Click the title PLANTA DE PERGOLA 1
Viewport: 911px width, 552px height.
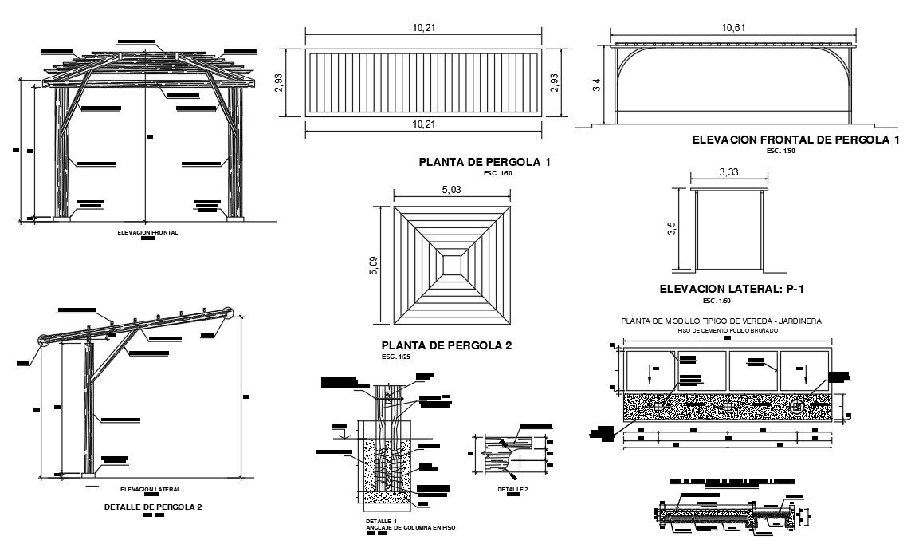click(485, 162)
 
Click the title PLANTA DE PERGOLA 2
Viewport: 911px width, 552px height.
click(446, 345)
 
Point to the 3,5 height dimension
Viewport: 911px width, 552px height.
click(672, 229)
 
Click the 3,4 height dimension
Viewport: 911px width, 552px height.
click(597, 85)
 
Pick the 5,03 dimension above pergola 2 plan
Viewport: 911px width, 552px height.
click(451, 191)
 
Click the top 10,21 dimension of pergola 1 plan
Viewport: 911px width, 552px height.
click(425, 28)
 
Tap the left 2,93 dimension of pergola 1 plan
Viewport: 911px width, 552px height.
click(279, 83)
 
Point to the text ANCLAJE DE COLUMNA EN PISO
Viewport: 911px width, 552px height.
click(404, 527)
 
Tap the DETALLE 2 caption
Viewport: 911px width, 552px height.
click(513, 489)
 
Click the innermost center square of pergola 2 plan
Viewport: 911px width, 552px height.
click(452, 265)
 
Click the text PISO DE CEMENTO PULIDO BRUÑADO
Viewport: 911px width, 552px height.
click(721, 329)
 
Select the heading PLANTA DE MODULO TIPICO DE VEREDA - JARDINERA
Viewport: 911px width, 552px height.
click(721, 321)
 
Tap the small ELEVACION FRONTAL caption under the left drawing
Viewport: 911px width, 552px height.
click(147, 233)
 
